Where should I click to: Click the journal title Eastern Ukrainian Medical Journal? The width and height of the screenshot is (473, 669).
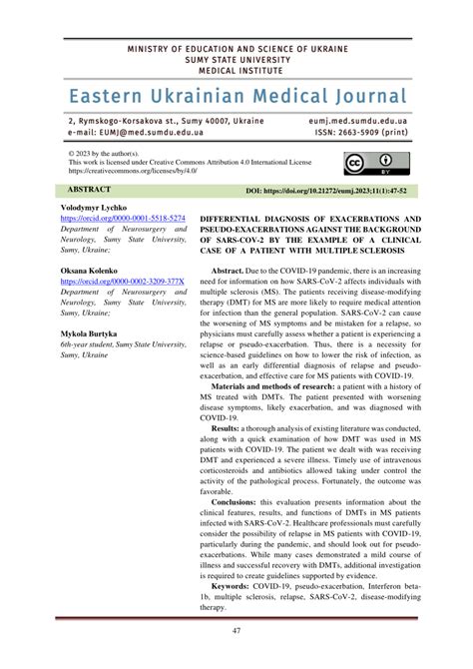(236, 96)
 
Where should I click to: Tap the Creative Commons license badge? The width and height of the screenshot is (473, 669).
(367, 164)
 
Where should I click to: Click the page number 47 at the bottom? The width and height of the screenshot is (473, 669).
(236, 631)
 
